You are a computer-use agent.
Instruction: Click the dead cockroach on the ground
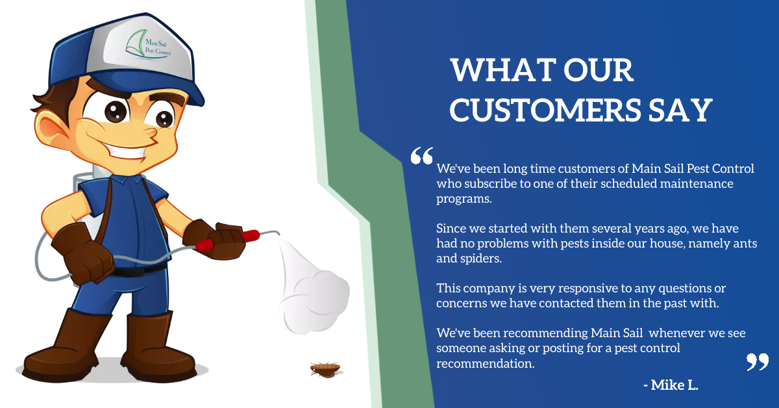point(325,370)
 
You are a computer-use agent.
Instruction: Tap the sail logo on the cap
point(136,44)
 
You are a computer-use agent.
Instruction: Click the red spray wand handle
point(228,240)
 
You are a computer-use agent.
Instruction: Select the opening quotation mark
point(422,155)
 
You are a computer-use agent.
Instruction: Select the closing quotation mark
point(758,362)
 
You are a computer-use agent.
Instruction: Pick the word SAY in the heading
point(680,110)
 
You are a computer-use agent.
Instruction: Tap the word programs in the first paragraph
point(464,199)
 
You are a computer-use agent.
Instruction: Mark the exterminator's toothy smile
point(125,153)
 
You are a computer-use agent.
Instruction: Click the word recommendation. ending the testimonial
point(486,363)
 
